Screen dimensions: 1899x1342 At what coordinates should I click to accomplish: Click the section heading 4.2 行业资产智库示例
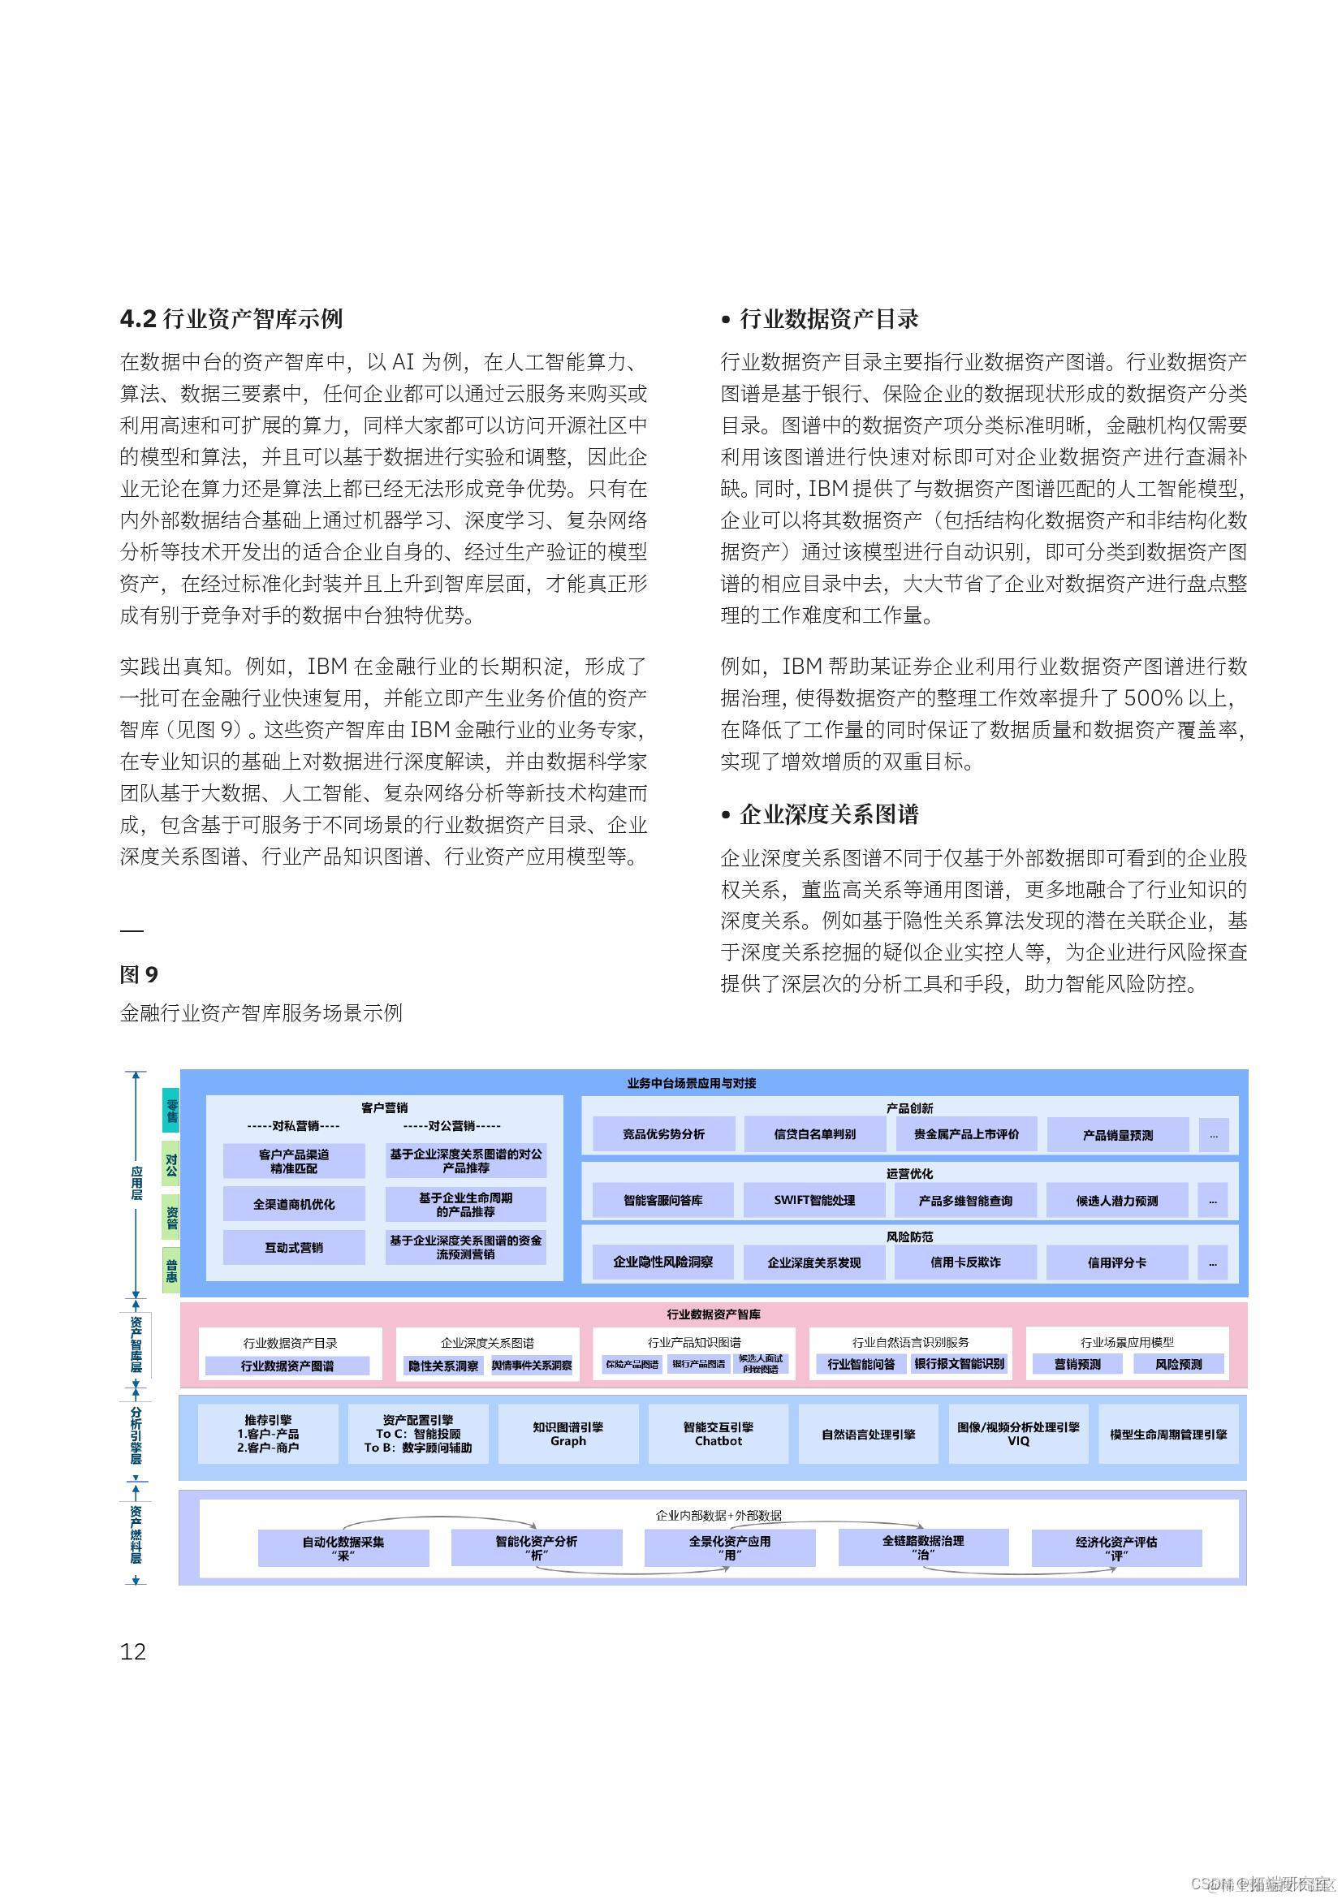pos(231,319)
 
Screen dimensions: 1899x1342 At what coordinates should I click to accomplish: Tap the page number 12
pos(133,1651)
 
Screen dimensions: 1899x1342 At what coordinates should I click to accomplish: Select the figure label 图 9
pos(138,974)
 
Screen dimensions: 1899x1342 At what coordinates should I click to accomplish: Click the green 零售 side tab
pos(171,1111)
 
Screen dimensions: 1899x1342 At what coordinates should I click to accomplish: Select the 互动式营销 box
pos(294,1247)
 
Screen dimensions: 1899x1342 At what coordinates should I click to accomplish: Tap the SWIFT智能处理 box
pos(814,1200)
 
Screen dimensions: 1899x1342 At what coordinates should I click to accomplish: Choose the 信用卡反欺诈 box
pos(965,1263)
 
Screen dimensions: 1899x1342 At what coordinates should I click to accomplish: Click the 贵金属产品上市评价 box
pos(966,1135)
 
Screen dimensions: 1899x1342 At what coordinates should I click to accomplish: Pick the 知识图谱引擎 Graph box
pos(568,1434)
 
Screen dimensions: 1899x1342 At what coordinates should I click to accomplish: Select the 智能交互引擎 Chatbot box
pos(718,1434)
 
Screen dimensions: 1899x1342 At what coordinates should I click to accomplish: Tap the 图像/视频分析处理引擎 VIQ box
pos(1018,1434)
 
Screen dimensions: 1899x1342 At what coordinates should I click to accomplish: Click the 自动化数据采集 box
pos(343,1547)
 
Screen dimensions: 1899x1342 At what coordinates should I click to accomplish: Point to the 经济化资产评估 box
pos(1116,1547)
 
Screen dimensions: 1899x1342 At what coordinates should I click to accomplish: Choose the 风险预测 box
pos(1178,1365)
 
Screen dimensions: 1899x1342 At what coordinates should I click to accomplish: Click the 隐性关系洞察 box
pos(443,1366)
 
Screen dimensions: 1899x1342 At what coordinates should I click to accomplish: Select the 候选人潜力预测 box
pos(1116,1200)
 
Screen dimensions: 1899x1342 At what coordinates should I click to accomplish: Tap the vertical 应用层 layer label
pos(136,1184)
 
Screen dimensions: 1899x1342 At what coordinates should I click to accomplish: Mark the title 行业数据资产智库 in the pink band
pos(714,1314)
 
